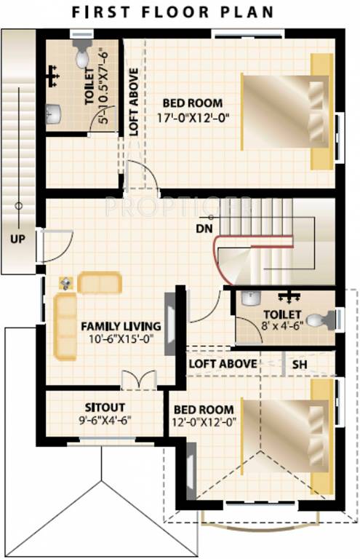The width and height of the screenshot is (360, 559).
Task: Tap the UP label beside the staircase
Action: click(x=17, y=239)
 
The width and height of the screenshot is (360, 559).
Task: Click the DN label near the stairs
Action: click(x=204, y=229)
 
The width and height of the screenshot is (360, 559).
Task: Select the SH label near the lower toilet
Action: click(x=299, y=364)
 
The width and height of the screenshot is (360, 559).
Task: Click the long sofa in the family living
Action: click(x=65, y=328)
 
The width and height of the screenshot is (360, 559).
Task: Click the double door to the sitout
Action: click(x=138, y=380)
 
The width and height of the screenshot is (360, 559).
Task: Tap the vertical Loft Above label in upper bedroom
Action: click(x=133, y=102)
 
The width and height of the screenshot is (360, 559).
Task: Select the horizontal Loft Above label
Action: click(x=222, y=364)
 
